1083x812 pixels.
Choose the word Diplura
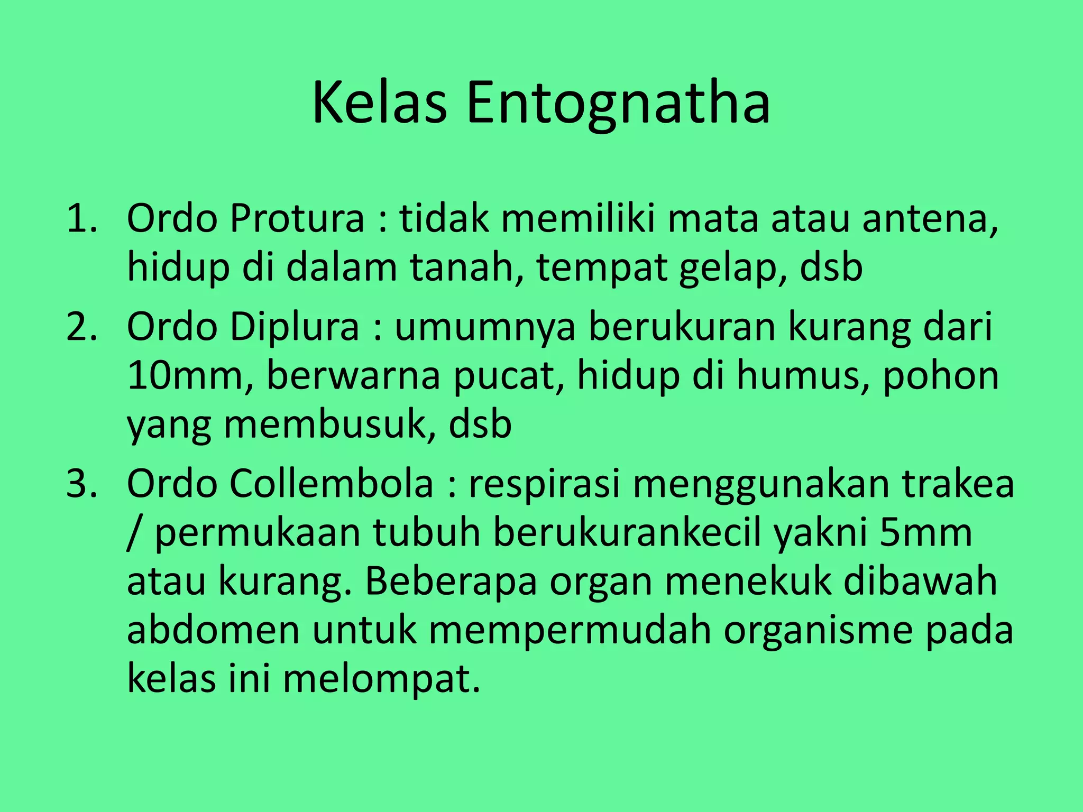(295, 326)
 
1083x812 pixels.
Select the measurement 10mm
(190, 376)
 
